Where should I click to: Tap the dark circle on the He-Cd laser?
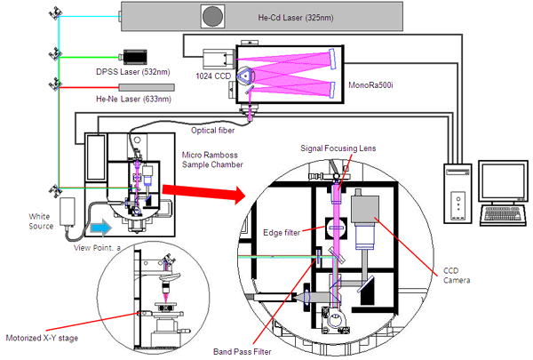point(213,16)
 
